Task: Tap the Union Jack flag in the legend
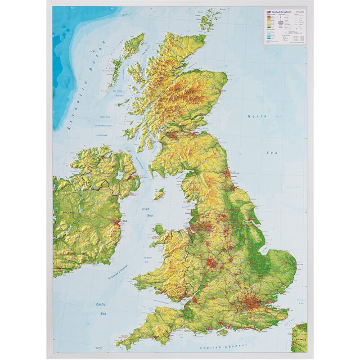point(268,12)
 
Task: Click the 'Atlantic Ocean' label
point(85,85)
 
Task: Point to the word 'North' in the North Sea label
point(257,116)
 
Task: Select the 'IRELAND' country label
point(69,212)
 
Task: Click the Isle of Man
point(158,195)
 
